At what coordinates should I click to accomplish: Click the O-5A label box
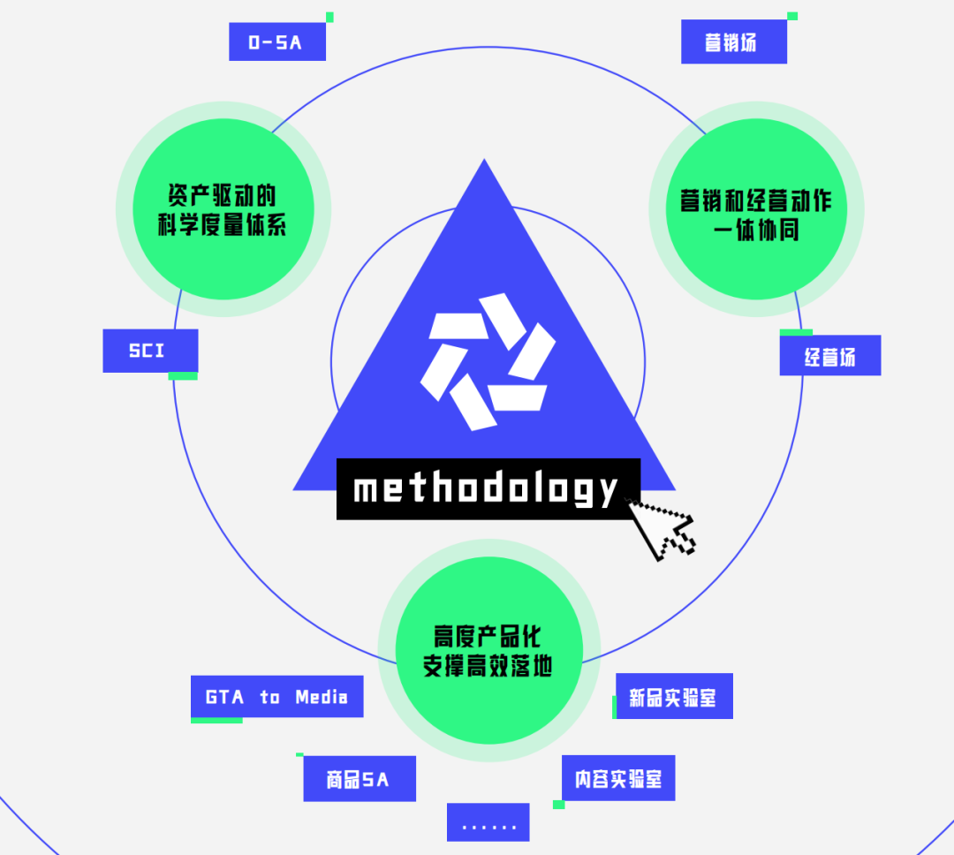[276, 42]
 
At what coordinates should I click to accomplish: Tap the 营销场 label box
[733, 42]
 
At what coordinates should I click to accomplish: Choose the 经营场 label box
[829, 356]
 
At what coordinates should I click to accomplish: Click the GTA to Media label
[276, 697]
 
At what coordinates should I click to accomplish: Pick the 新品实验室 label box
[673, 697]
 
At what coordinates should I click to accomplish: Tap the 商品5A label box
[359, 779]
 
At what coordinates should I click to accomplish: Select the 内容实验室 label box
[618, 778]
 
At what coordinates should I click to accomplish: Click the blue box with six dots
[488, 822]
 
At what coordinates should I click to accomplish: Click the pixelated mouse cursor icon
[664, 530]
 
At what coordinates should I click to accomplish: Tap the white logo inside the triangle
[488, 362]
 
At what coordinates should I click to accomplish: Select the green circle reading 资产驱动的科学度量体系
[223, 209]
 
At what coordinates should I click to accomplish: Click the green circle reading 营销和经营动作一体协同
[755, 209]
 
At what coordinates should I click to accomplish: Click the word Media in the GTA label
[322, 697]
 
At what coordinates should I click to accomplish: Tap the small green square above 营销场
[792, 16]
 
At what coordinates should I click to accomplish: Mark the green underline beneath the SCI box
[183, 376]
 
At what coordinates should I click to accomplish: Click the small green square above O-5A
[329, 17]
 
